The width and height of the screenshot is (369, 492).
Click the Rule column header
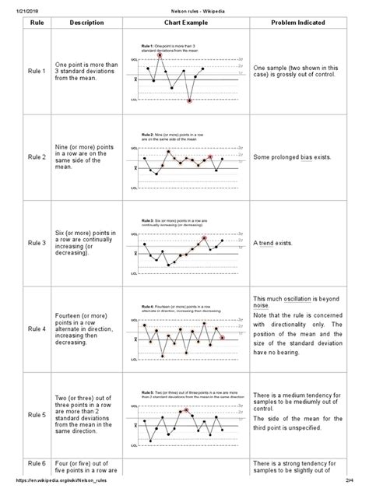(x=37, y=23)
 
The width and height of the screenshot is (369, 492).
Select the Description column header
(x=86, y=23)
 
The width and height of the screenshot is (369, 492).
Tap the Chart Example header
(x=185, y=23)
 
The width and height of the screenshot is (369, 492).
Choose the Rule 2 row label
(x=37, y=158)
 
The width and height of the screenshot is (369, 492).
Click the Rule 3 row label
(x=37, y=243)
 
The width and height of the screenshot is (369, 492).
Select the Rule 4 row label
(x=37, y=329)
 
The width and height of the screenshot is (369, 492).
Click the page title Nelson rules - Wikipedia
(x=184, y=7)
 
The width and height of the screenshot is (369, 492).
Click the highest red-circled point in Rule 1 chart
(x=160, y=55)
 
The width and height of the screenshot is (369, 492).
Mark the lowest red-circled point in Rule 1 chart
(x=189, y=100)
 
